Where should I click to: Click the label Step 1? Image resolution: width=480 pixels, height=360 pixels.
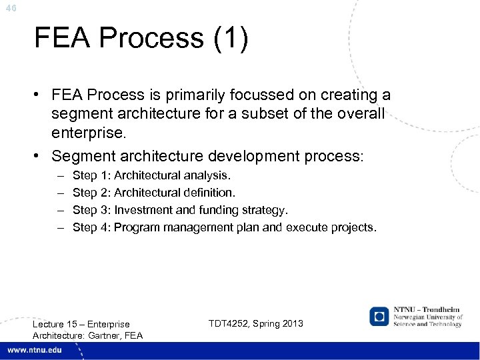[x=92, y=175]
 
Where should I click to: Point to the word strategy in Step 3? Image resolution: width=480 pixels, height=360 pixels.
[x=267, y=210]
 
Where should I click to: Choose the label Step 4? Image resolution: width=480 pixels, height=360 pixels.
[x=92, y=227]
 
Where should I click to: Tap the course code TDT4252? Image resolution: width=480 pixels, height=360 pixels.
[x=231, y=323]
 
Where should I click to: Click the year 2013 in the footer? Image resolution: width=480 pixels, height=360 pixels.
[x=292, y=323]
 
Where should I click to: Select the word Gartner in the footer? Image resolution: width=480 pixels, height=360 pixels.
[x=102, y=335]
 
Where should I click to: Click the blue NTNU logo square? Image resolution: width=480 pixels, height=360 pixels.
[x=379, y=316]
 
